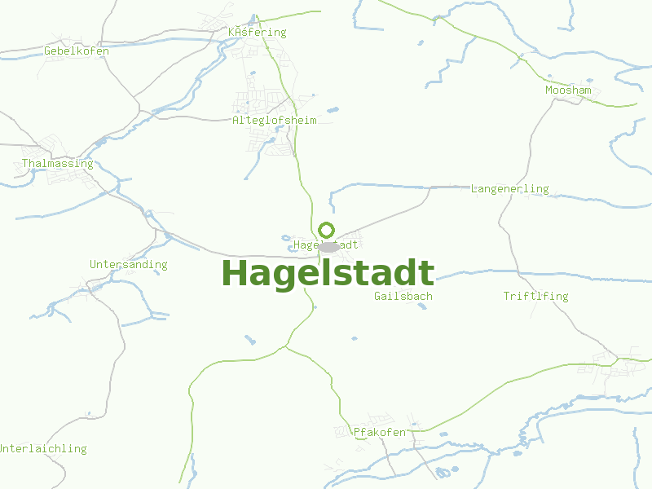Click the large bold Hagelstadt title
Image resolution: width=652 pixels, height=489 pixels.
(328, 274)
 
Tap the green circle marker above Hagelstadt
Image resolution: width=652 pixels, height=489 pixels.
(327, 230)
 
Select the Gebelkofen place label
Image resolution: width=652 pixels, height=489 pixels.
(76, 51)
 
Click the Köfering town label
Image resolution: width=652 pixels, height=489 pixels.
(258, 33)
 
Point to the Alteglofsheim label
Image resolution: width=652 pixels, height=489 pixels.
(274, 120)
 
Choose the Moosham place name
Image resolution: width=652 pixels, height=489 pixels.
(568, 90)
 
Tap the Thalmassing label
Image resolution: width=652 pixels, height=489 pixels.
(57, 164)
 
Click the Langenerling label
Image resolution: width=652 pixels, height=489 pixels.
(509, 189)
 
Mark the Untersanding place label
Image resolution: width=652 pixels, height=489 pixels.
(128, 264)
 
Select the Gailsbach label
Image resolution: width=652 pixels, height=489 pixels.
(403, 296)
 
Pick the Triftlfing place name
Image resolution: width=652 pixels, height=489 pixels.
(535, 296)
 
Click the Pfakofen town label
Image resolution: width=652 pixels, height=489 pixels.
(379, 432)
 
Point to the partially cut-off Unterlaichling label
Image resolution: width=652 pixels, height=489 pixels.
(42, 448)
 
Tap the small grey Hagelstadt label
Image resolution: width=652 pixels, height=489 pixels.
(326, 244)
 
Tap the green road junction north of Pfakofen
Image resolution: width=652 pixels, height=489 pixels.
(284, 348)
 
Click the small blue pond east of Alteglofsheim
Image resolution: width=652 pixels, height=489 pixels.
(332, 109)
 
